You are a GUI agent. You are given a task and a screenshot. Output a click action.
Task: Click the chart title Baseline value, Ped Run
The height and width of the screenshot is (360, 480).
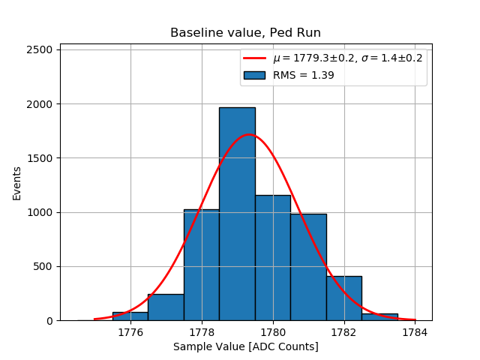[245, 33]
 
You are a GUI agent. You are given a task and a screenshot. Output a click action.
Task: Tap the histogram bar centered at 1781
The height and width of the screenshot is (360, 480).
[308, 267]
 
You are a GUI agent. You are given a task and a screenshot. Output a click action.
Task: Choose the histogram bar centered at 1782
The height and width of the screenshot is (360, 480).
[343, 298]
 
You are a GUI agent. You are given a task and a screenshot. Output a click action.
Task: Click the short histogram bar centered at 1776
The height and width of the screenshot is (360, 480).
[130, 316]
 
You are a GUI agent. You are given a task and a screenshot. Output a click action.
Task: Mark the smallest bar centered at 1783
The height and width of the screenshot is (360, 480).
[379, 317]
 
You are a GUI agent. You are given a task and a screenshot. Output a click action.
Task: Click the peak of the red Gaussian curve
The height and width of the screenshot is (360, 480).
[249, 135]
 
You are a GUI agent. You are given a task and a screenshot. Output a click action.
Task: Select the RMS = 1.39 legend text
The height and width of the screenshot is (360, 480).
[303, 75]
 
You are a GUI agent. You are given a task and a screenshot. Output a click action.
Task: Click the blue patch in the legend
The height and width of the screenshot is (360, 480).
[255, 75]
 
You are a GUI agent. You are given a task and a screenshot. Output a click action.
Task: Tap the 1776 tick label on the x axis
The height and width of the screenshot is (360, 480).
[130, 331]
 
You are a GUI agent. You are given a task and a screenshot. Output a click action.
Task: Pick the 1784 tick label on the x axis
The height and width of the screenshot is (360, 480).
[415, 331]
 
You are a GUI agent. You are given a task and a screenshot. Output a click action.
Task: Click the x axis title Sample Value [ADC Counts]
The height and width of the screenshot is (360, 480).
[245, 346]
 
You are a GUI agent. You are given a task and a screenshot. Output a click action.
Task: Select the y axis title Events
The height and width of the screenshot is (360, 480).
[16, 183]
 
